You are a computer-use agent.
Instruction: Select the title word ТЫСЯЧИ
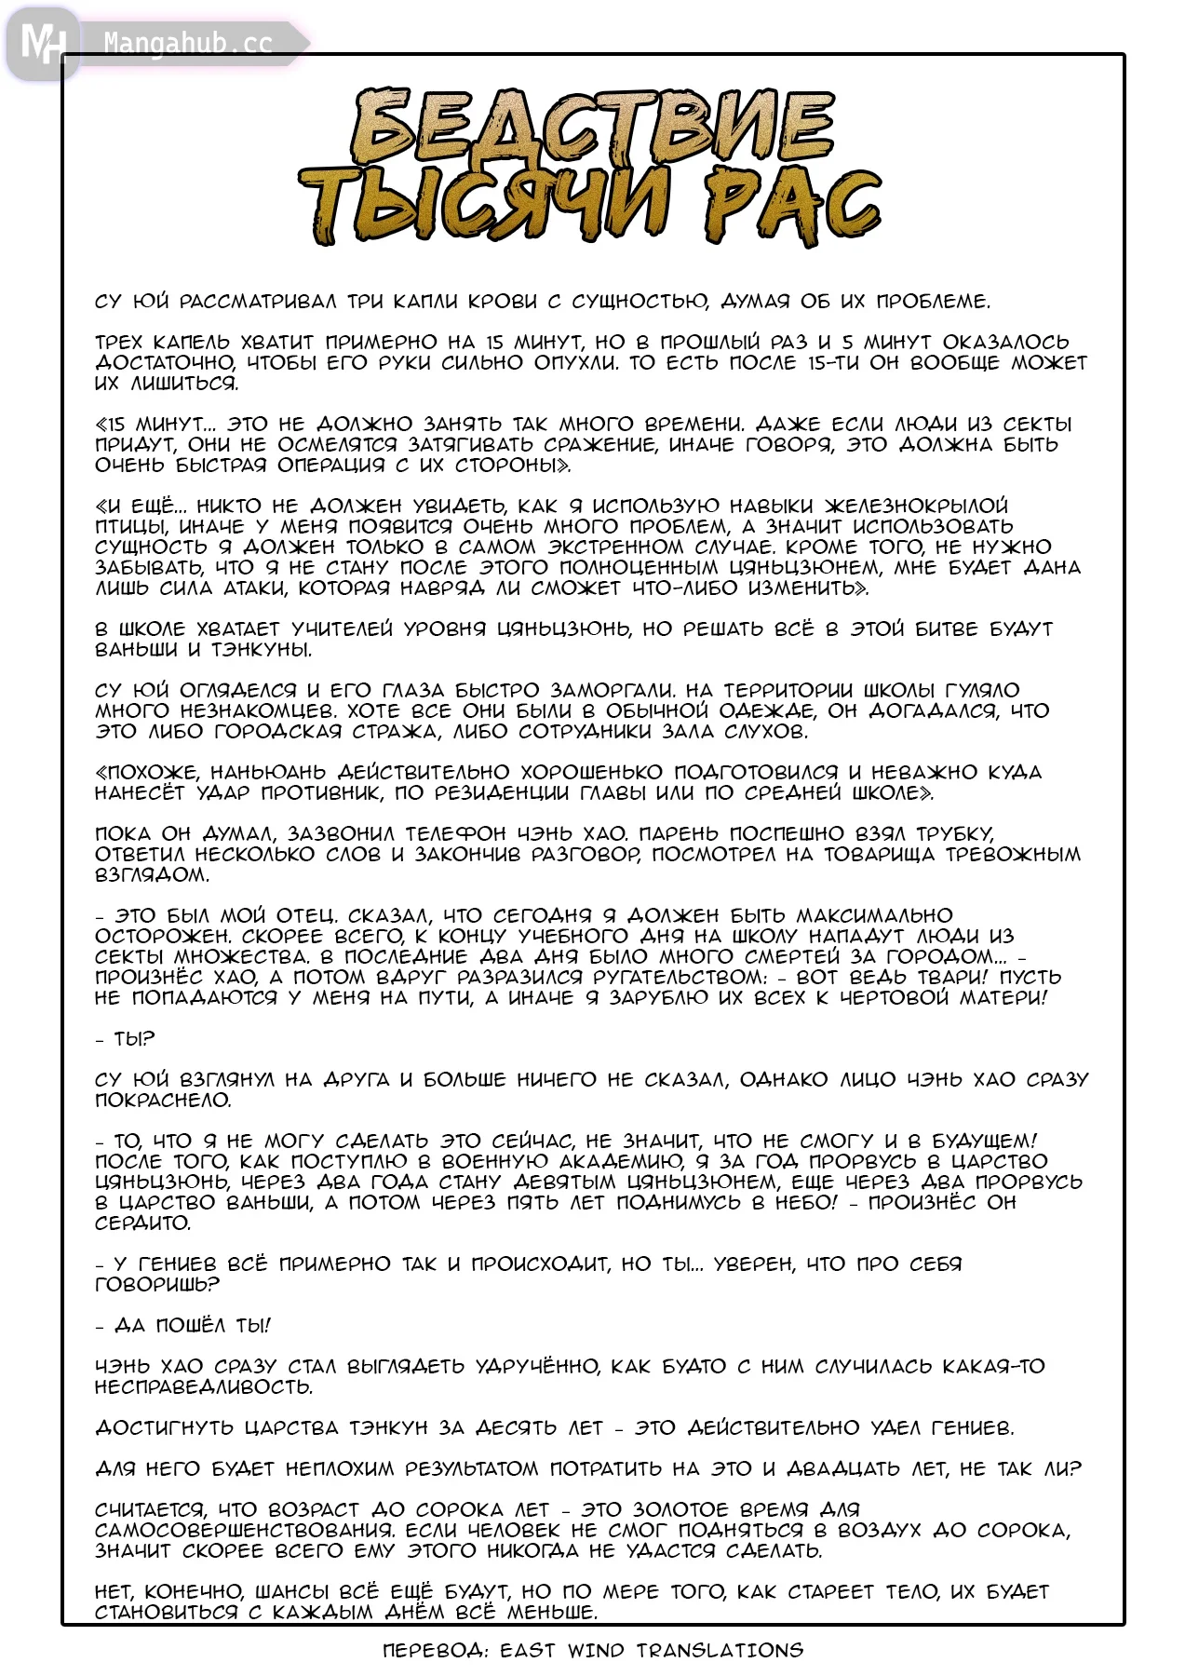tap(484, 207)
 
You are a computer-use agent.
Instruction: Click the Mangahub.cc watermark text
tap(187, 43)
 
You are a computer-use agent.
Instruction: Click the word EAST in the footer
tap(529, 1650)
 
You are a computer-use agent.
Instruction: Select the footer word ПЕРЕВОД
tap(436, 1650)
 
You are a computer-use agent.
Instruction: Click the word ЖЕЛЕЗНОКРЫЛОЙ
tap(916, 507)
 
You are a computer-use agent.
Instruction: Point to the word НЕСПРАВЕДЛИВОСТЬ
tap(203, 1387)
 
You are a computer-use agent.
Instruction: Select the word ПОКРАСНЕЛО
tap(162, 1101)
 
